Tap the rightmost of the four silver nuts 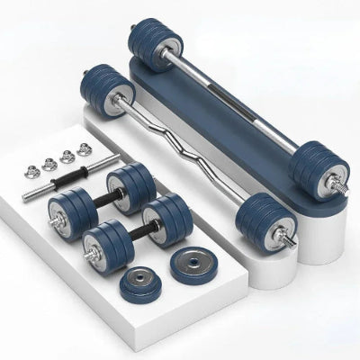tap(85, 150)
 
